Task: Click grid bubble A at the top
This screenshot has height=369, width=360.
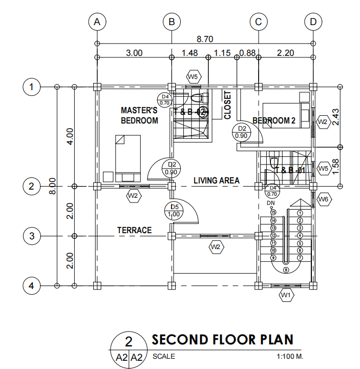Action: (x=96, y=22)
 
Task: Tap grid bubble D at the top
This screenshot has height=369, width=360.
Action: (x=312, y=22)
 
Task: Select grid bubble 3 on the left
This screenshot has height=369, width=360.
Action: (x=32, y=236)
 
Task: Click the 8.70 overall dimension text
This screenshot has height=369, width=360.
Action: (x=205, y=39)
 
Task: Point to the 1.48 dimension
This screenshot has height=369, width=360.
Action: (x=189, y=52)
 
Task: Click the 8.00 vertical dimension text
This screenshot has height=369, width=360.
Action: (x=52, y=186)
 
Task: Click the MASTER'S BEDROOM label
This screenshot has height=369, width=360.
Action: (x=139, y=115)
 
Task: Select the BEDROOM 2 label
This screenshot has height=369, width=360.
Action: (x=274, y=120)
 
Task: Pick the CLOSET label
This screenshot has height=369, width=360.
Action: (x=227, y=106)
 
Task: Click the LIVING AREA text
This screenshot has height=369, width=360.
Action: (x=217, y=180)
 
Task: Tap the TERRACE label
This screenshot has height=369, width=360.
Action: (x=134, y=230)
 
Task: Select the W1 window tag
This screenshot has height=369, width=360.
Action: (x=285, y=295)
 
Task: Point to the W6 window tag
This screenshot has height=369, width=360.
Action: (x=323, y=199)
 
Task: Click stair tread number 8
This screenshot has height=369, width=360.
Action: (x=285, y=269)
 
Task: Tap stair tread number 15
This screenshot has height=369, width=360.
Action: (x=273, y=212)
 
